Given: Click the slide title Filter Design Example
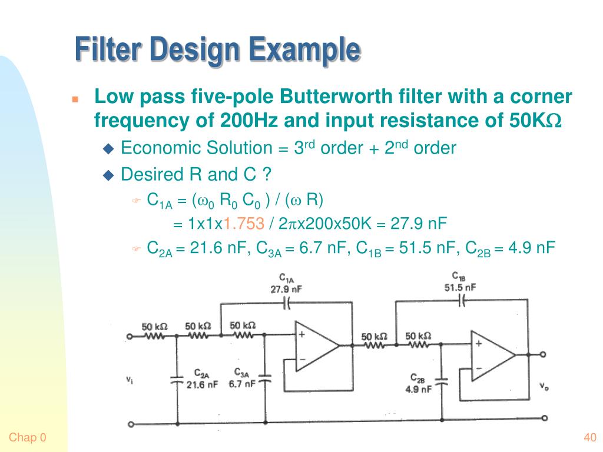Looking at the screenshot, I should [217, 49].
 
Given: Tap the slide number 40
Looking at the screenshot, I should [590, 437].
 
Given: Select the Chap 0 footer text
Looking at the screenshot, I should [27, 437].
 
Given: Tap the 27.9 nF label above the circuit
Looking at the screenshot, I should [287, 290].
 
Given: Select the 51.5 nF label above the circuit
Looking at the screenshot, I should [460, 287].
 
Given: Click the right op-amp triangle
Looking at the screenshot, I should [491, 355].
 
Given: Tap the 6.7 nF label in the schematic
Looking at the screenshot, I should [242, 384].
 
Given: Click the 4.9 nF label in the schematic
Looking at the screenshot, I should [418, 389].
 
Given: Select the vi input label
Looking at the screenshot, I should [129, 380].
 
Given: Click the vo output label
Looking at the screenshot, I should [545, 385].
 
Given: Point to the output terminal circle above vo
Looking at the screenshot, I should [543, 354].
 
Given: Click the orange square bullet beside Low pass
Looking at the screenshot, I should [75, 98].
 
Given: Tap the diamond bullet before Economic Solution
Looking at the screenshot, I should [108, 148].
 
